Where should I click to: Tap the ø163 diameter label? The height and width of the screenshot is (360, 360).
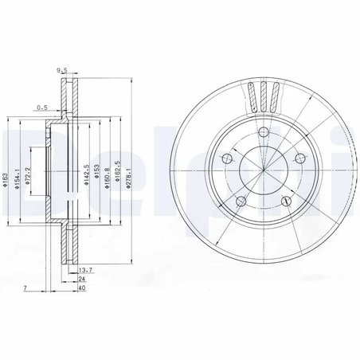click(x=8, y=181)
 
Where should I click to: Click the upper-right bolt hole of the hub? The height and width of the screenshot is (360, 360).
click(x=299, y=159)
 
